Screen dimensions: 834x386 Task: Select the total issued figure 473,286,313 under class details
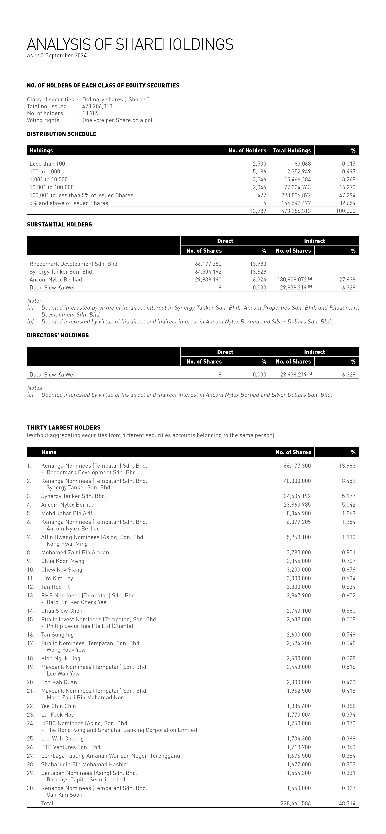pos(97,106)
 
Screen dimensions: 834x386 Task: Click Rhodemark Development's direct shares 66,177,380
pos(208,264)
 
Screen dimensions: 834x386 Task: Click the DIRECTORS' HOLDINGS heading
pos(58,335)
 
